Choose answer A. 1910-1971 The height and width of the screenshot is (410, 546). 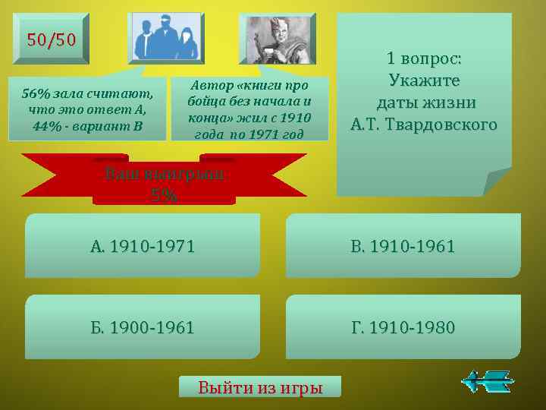(143, 245)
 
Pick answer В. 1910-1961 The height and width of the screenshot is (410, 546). (403, 245)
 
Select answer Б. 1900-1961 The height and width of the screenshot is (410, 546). (143, 327)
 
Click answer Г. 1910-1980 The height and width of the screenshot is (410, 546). (403, 327)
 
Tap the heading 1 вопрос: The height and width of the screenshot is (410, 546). (424, 58)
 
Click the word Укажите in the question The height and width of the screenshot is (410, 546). (425, 80)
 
